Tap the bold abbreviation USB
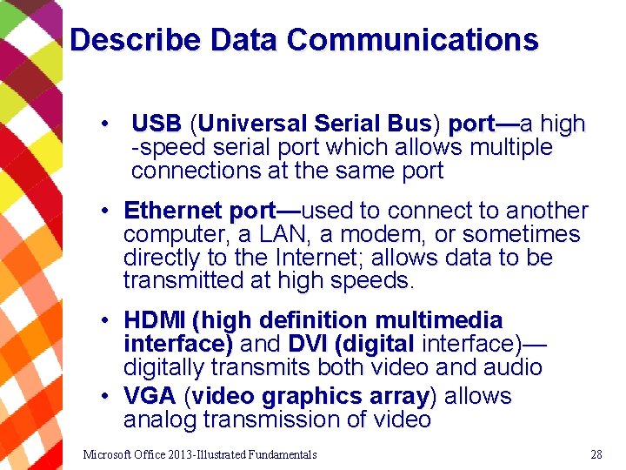click(x=156, y=124)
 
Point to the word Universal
click(x=250, y=124)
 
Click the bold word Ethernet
click(x=173, y=211)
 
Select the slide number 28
click(x=596, y=454)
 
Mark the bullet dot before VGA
click(x=103, y=397)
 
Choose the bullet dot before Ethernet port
click(x=103, y=211)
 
